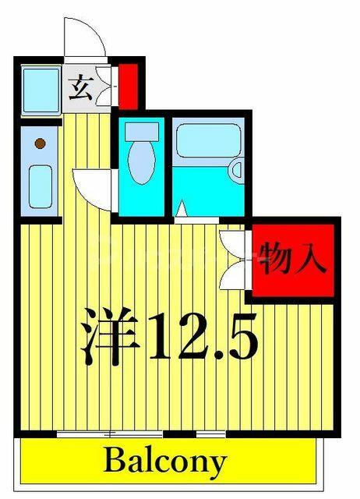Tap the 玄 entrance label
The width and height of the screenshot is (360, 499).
81,87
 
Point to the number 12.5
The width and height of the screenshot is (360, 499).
203,336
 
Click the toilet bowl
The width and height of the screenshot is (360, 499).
142,163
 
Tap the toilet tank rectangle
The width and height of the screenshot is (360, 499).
142,132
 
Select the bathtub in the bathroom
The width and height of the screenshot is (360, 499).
209,140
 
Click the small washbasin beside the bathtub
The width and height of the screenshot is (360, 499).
237,169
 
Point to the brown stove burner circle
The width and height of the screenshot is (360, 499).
40,143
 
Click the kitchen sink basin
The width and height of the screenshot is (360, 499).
41,187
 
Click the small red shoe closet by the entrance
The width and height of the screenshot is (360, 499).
128,87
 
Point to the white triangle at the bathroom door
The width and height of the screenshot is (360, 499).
182,208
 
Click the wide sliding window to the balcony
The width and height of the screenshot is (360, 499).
110,434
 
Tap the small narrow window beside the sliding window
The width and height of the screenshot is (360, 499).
210,434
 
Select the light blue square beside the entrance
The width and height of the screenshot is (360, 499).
41,90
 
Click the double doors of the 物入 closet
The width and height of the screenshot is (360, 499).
234,260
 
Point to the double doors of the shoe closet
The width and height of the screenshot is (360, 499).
105,86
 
